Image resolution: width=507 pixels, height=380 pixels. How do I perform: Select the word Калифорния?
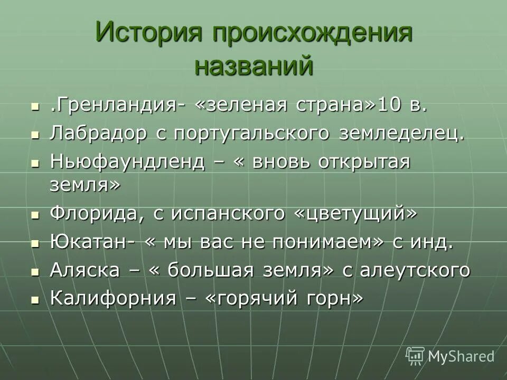tap(112, 298)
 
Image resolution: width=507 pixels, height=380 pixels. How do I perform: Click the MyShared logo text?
tap(461, 356)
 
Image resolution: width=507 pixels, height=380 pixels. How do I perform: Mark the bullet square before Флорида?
tap(35, 215)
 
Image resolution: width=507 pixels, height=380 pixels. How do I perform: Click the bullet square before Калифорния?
tap(35, 299)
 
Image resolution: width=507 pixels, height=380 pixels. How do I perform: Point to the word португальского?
tap(251, 134)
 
